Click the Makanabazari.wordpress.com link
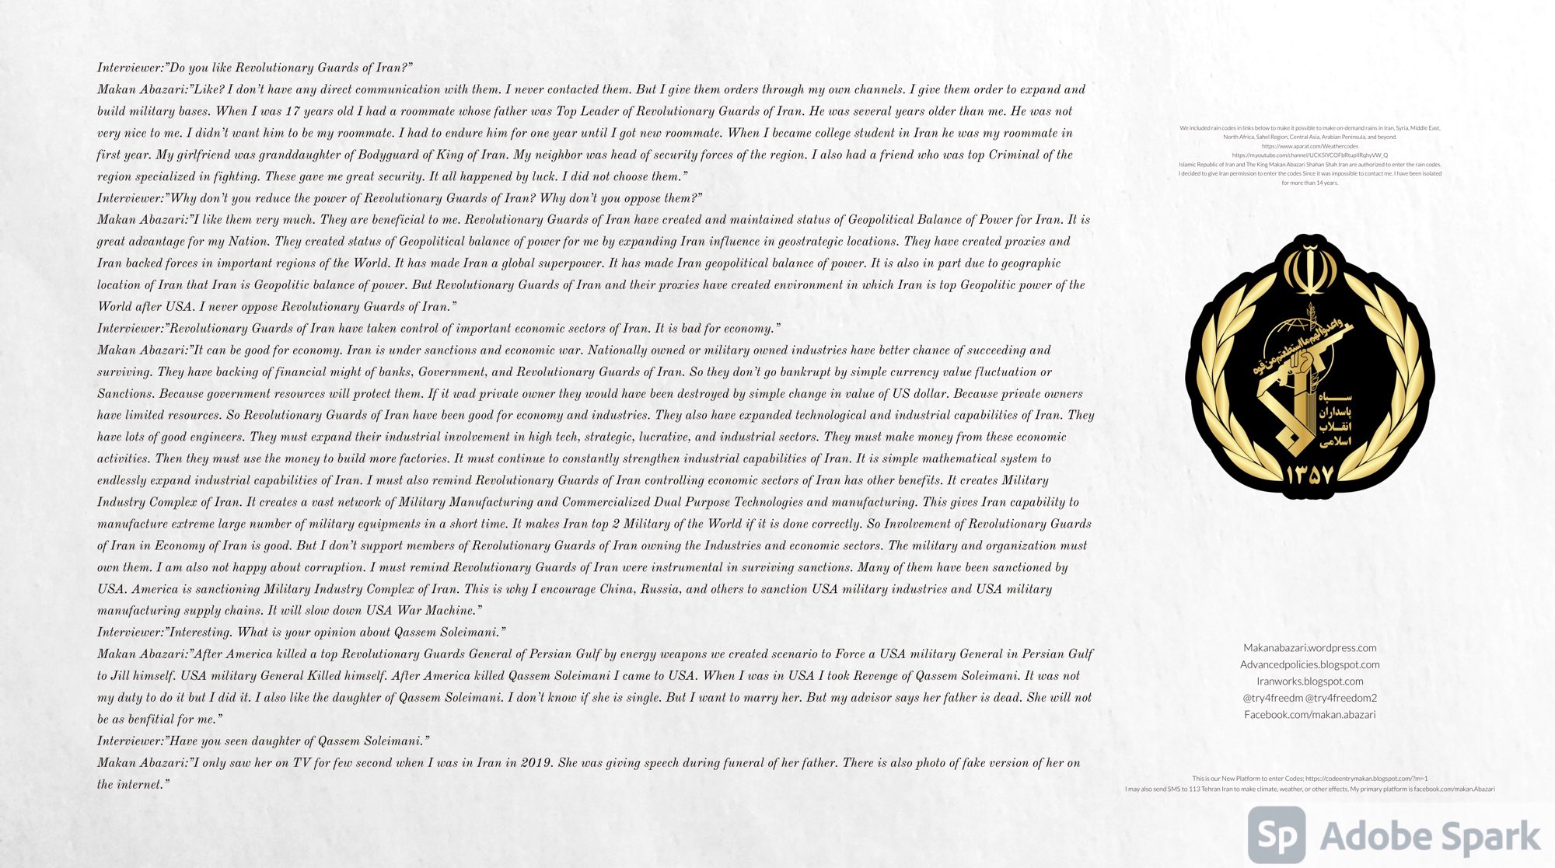click(1309, 647)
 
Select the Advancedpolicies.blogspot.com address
click(1309, 664)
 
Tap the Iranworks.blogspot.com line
click(1309, 681)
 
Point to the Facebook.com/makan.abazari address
click(1309, 714)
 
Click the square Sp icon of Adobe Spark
click(1276, 835)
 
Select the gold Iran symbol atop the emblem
click(1309, 268)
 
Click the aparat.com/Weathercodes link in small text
click(1309, 146)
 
